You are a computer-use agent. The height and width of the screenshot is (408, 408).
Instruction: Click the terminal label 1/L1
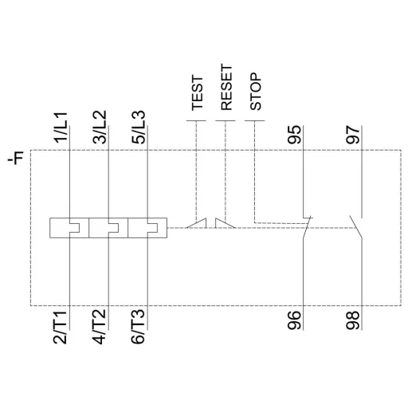pos(62,127)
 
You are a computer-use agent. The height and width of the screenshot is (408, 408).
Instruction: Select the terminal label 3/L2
pos(101,127)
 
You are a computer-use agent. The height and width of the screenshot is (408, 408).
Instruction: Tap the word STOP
pos(255,93)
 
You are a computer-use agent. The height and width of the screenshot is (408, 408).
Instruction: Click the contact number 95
pos(296,135)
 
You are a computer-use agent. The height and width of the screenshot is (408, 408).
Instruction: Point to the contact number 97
pos(353,135)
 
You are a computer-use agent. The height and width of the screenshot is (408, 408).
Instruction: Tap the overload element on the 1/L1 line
pos(69,228)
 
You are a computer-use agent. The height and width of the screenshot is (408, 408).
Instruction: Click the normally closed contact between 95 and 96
pos(306,226)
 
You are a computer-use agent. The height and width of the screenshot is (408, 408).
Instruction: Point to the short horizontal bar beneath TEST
pos(196,121)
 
